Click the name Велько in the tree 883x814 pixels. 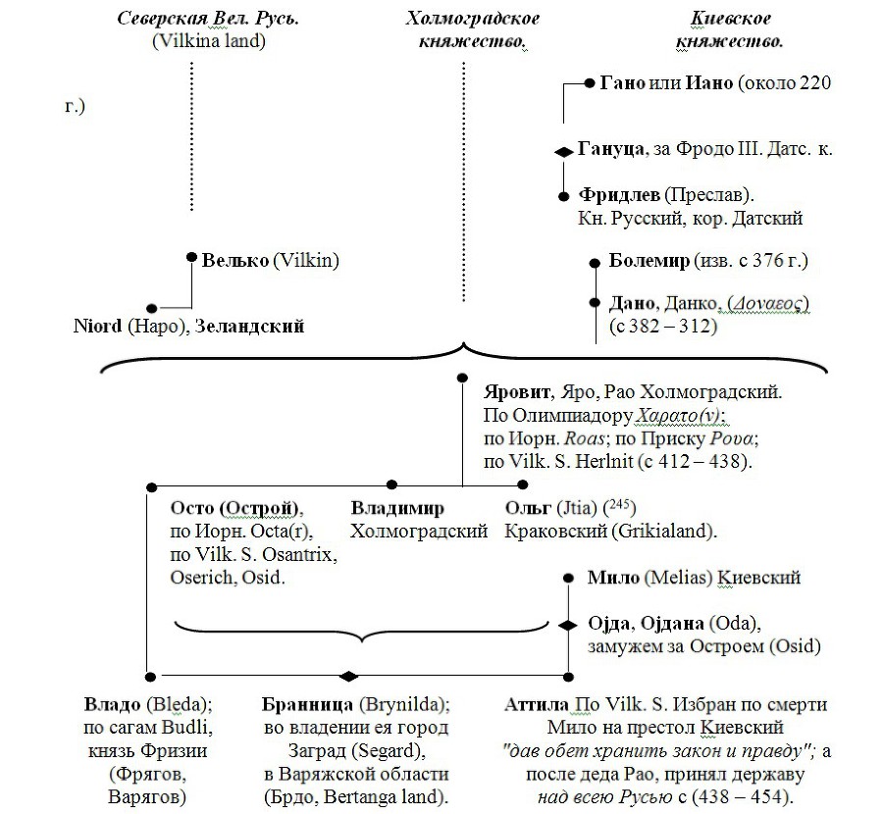point(235,261)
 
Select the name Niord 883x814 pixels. point(97,326)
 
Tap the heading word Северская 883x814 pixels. point(162,19)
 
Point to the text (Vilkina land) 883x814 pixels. point(209,41)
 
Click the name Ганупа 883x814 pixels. point(611,149)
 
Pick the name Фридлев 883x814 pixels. point(619,195)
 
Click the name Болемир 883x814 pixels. point(649,261)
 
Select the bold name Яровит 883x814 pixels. point(517,392)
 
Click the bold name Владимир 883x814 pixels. point(397,508)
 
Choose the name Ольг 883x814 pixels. point(528,508)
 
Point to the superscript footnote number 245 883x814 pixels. point(619,504)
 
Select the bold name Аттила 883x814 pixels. point(537,705)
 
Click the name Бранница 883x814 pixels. point(307,705)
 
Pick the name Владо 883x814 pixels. point(113,705)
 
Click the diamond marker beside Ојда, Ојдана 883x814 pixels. point(568,626)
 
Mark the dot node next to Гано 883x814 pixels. point(590,83)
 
